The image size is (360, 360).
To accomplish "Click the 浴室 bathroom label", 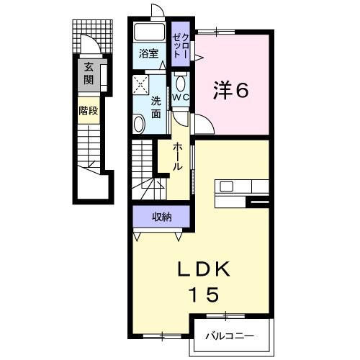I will pos(149,53).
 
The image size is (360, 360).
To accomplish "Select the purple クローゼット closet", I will pos(181,44).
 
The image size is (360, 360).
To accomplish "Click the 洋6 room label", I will pos(230,90).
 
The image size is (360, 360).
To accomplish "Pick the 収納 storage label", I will pos(161,216).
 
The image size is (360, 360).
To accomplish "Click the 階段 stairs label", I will pos(89,112).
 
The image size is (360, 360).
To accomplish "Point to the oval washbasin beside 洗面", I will pos(139,124).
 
